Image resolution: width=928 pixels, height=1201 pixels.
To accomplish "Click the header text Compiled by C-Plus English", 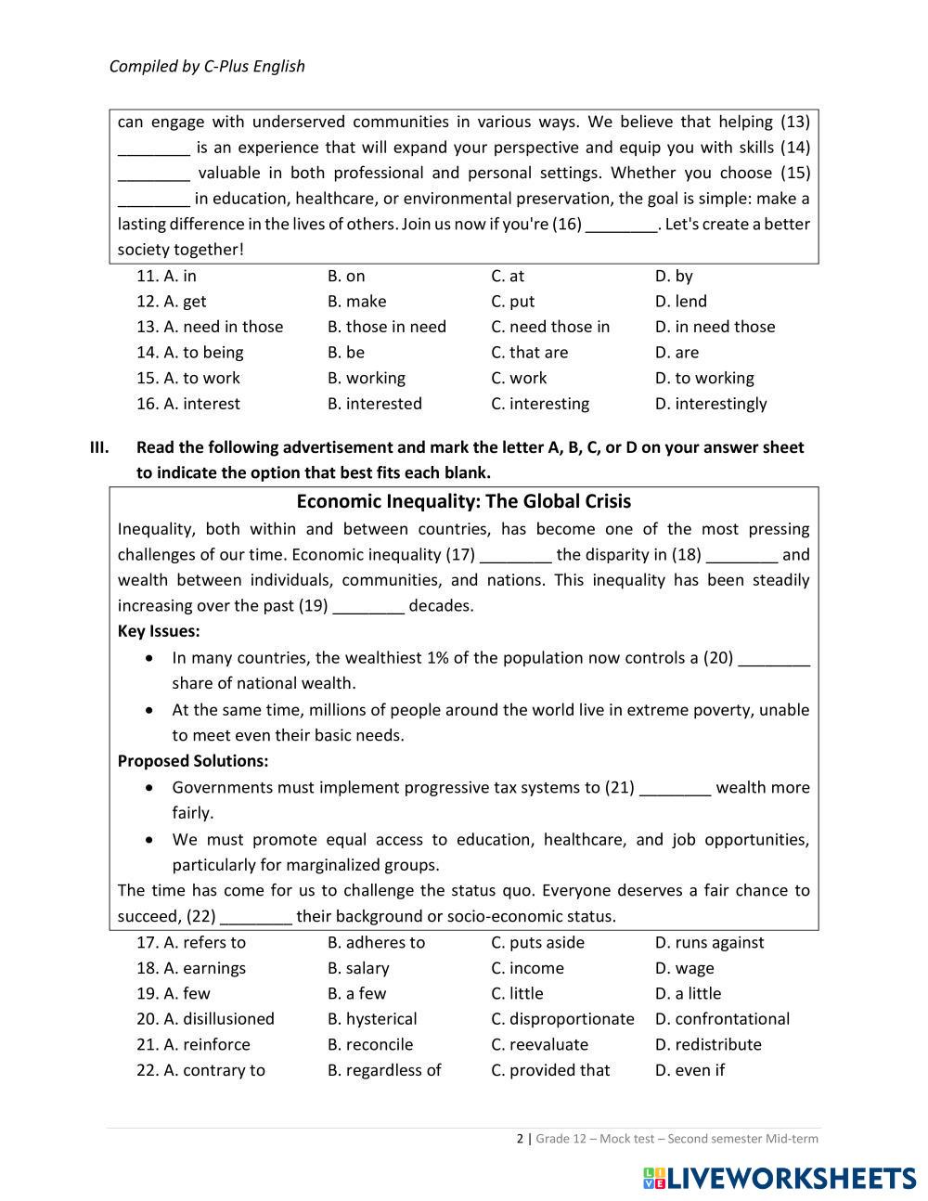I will (x=207, y=66).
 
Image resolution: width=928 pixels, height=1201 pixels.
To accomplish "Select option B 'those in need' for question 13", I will (x=386, y=327).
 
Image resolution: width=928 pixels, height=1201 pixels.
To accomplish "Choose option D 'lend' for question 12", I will (x=680, y=302).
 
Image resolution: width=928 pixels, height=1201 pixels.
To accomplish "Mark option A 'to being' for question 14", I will (x=203, y=353).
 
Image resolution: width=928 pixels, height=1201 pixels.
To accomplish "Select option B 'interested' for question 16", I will (x=374, y=404).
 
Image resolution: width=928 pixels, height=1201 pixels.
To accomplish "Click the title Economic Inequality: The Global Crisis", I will (x=463, y=501).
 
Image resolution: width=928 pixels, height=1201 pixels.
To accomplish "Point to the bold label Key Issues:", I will (x=159, y=631).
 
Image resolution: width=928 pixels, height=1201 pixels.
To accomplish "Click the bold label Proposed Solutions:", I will (x=193, y=761).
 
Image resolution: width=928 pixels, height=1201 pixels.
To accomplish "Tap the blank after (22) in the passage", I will (x=257, y=917).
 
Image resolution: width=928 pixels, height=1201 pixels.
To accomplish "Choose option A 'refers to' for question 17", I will (x=204, y=943).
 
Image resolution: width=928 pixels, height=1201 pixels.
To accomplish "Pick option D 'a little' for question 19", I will (x=688, y=994).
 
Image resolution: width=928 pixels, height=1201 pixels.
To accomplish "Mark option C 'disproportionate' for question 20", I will (x=562, y=1019).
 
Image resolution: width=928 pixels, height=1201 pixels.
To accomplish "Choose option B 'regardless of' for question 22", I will (x=384, y=1070).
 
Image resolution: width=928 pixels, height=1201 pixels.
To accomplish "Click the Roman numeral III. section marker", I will (x=99, y=447).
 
